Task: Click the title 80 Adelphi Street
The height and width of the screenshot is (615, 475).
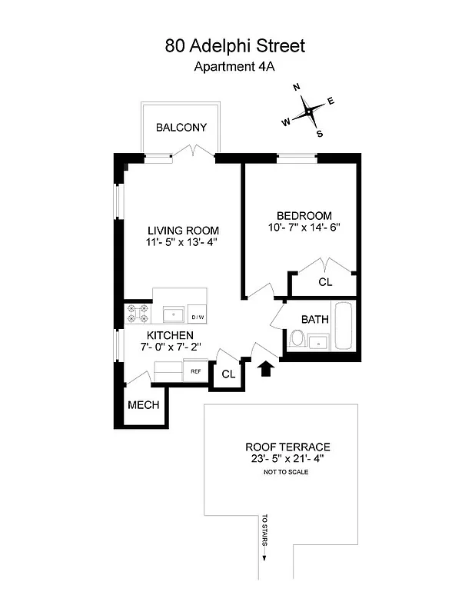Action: click(x=234, y=46)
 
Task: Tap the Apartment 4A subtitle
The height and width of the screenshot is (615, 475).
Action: click(x=234, y=67)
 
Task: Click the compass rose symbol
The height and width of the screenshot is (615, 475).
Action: click(x=308, y=112)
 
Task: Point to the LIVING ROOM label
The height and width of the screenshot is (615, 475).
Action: click(x=183, y=231)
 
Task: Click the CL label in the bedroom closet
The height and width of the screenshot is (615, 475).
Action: click(x=325, y=283)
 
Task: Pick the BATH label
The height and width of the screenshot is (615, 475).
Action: click(x=315, y=319)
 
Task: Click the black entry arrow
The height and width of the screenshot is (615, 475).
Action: click(x=266, y=368)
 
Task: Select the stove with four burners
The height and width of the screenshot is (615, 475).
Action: click(x=139, y=314)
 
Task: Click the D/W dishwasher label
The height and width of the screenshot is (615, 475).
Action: click(x=197, y=317)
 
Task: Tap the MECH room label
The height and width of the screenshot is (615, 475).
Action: click(x=143, y=404)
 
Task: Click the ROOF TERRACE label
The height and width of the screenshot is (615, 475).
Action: click(x=287, y=447)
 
